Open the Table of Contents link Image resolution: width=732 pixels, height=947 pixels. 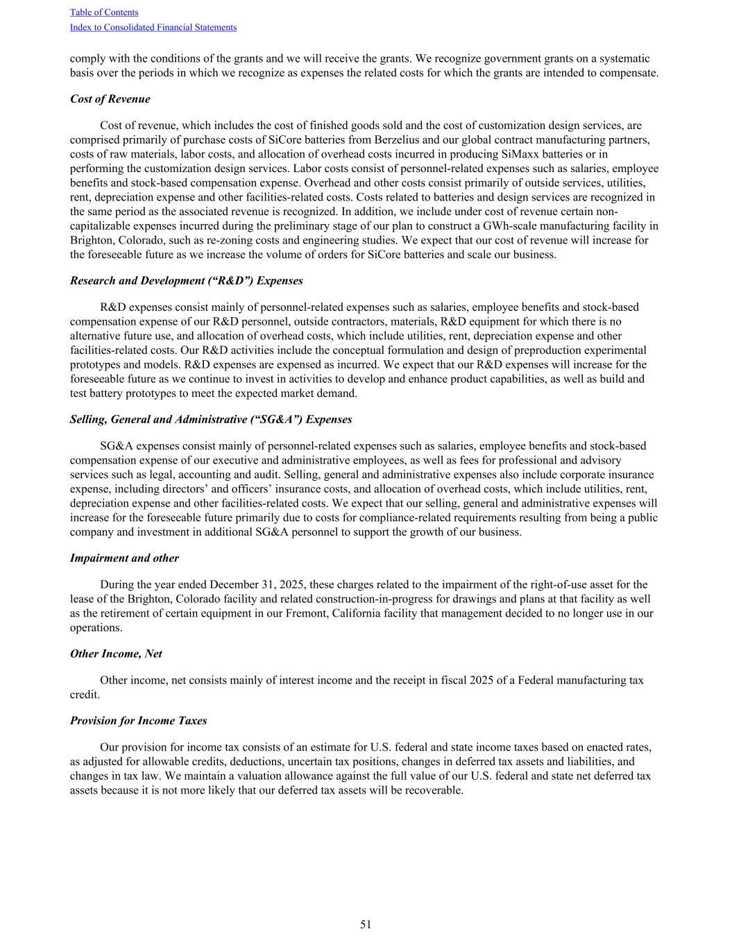click(x=104, y=12)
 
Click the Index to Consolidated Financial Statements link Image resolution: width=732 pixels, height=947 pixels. click(x=153, y=27)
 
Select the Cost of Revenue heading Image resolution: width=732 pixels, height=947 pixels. click(x=110, y=99)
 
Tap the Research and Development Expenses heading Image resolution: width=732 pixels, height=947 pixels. click(x=186, y=281)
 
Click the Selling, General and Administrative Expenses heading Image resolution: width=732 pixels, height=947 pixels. click(x=210, y=420)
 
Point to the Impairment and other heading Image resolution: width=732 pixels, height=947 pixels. click(x=124, y=558)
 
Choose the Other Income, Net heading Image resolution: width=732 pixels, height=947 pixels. click(x=116, y=654)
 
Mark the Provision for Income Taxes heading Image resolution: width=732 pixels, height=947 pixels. click(x=138, y=721)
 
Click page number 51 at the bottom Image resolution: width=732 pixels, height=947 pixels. click(x=366, y=924)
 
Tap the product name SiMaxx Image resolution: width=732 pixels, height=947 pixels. click(x=516, y=154)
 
